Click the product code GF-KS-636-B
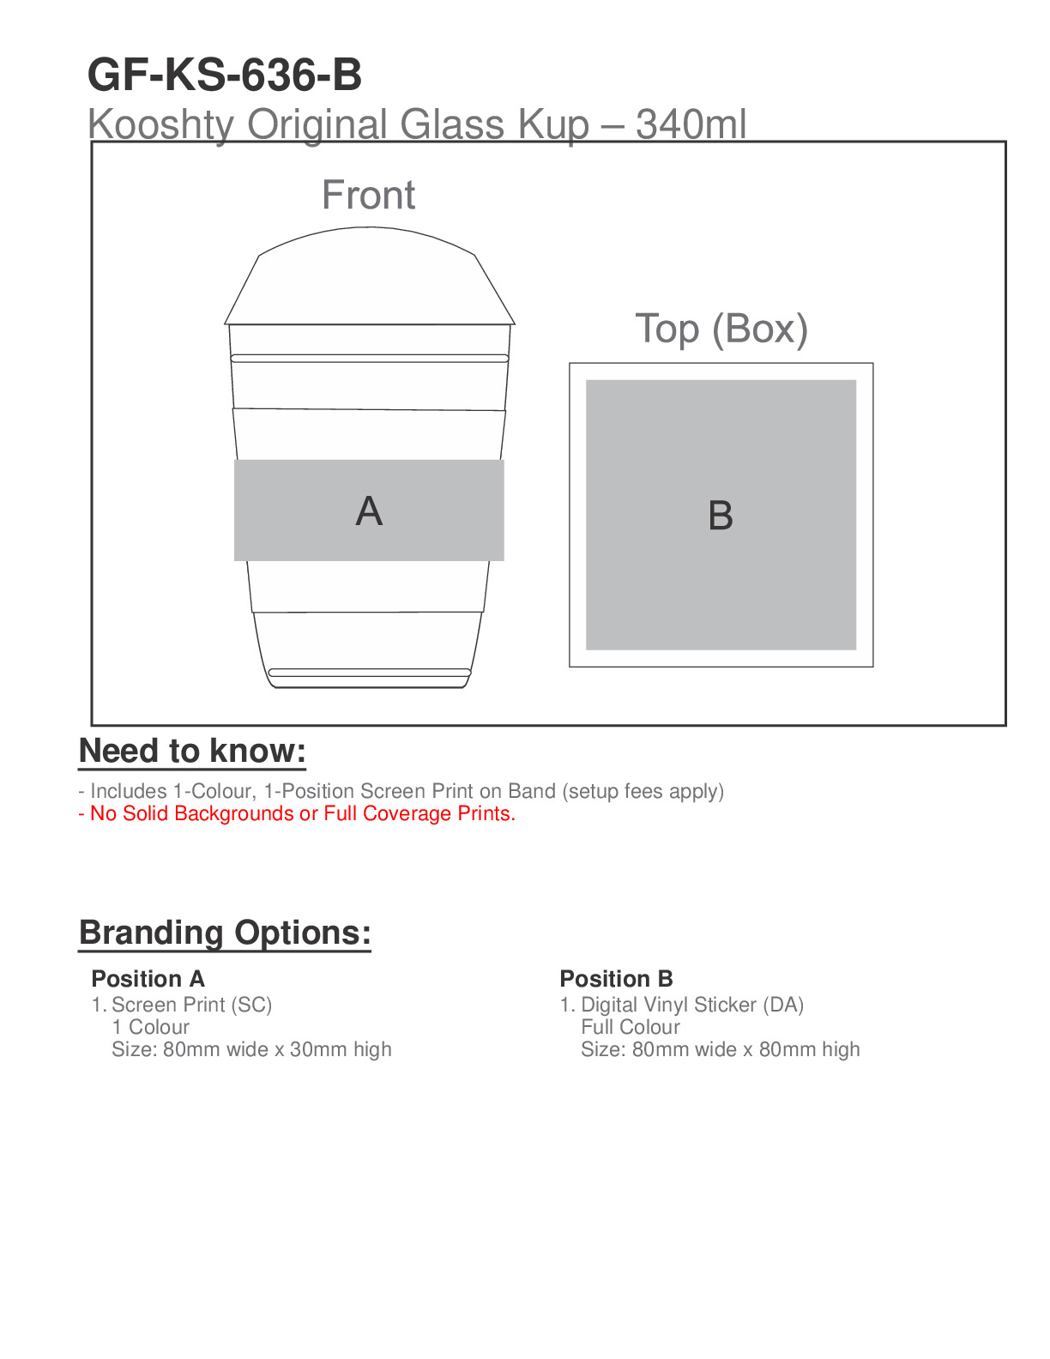tap(225, 75)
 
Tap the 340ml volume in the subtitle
tap(691, 125)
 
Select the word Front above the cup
tap(368, 196)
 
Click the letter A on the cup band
tap(369, 511)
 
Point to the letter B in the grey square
tap(721, 516)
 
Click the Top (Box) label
tap(721, 329)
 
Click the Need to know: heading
tap(192, 751)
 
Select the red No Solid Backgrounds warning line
tap(297, 813)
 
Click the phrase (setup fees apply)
tap(643, 791)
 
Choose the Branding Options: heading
tap(225, 933)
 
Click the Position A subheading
tap(148, 979)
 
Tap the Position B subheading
tap(616, 979)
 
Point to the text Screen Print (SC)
tap(191, 1005)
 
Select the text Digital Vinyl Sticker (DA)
tap(691, 1005)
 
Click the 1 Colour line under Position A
tap(150, 1027)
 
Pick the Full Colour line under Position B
tap(630, 1027)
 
